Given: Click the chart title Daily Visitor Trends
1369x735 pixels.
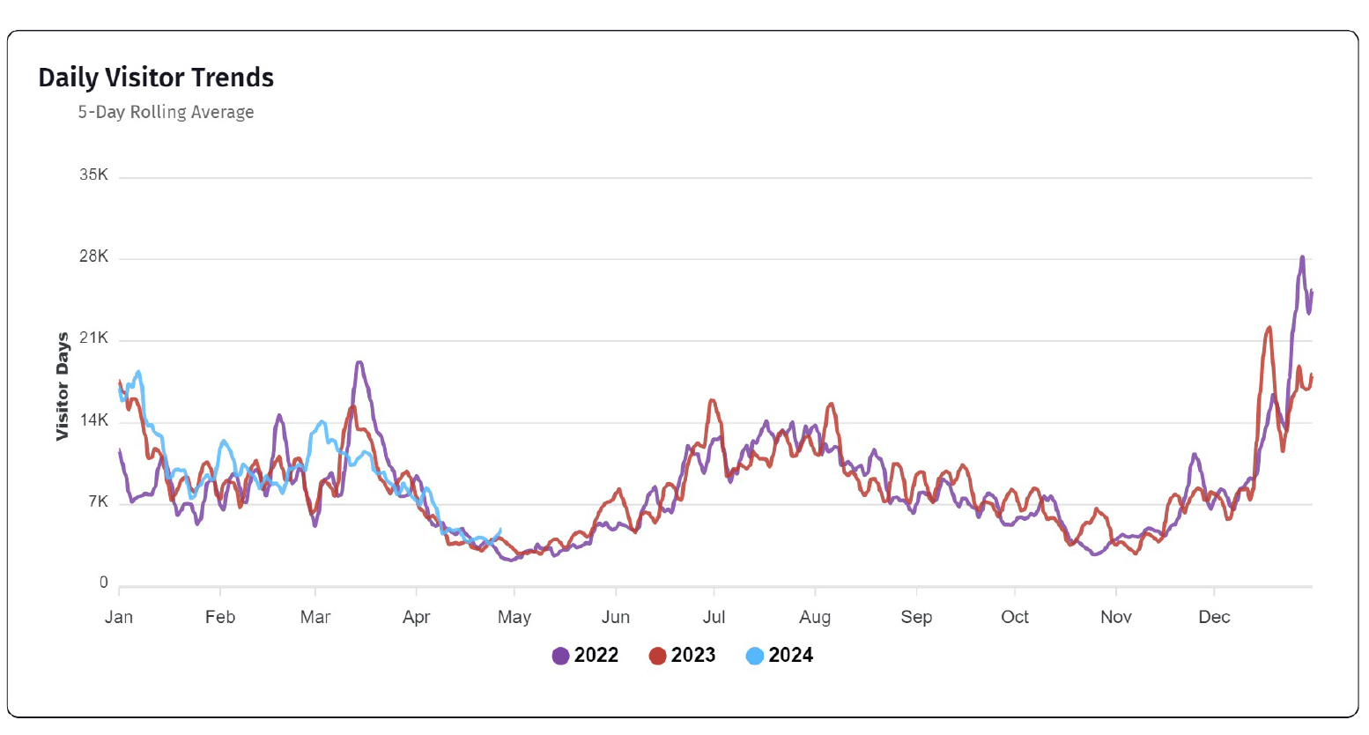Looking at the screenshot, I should point(156,78).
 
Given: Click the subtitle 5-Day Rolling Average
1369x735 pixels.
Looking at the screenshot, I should point(166,112).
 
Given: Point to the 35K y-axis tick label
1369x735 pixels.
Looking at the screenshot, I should point(93,174).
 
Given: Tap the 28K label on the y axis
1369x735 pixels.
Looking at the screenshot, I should point(93,256).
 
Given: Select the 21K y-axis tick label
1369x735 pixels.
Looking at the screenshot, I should point(93,338).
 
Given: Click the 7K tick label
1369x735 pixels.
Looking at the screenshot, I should point(97,502).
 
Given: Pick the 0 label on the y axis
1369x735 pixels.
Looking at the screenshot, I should point(103,583).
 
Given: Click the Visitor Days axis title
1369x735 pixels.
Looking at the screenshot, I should point(63,386).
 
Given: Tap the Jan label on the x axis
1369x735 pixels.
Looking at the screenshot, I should point(119,617).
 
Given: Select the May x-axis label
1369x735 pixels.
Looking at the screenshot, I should point(514,617).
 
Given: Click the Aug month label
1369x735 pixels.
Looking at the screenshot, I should point(815,617).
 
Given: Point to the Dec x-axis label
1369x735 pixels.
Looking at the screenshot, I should point(1214,617).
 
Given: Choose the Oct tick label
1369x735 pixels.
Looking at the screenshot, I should point(1015,617).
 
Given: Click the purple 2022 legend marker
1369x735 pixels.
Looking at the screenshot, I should point(560,656).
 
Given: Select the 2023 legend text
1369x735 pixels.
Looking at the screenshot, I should point(693,656).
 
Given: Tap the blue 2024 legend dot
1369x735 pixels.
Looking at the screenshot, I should point(754,656).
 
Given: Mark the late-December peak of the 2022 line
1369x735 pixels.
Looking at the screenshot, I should point(1302,257).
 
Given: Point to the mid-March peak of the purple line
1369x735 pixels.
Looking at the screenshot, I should point(359,362).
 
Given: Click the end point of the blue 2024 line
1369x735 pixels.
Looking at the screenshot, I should point(500,530).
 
